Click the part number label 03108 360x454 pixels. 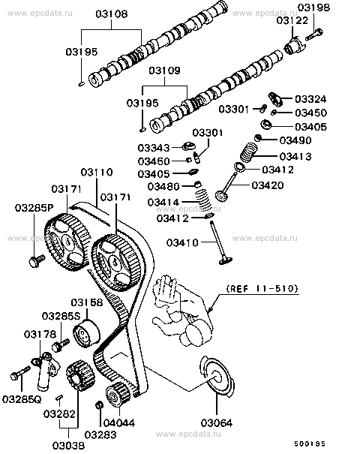112,13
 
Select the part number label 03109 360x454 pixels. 165,71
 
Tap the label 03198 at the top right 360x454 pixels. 314,8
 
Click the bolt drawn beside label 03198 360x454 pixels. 315,33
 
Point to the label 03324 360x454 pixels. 310,98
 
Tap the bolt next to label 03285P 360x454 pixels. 34,260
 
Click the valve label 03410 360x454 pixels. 182,242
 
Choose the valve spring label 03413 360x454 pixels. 295,156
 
